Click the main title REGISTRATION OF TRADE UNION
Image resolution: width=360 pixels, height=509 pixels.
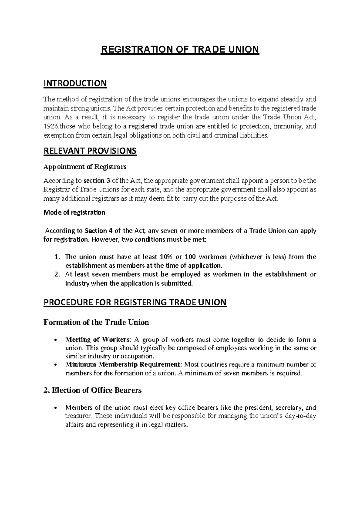click(179, 49)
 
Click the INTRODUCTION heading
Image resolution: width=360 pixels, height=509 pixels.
click(75, 83)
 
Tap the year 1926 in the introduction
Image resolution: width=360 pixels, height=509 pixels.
click(49, 126)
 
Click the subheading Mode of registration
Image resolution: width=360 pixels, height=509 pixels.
click(74, 212)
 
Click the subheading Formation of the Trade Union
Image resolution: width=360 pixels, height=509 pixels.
click(96, 322)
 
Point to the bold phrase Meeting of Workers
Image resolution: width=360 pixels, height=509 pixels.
click(98, 340)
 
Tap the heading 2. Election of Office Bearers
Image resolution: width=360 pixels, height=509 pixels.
click(92, 390)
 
